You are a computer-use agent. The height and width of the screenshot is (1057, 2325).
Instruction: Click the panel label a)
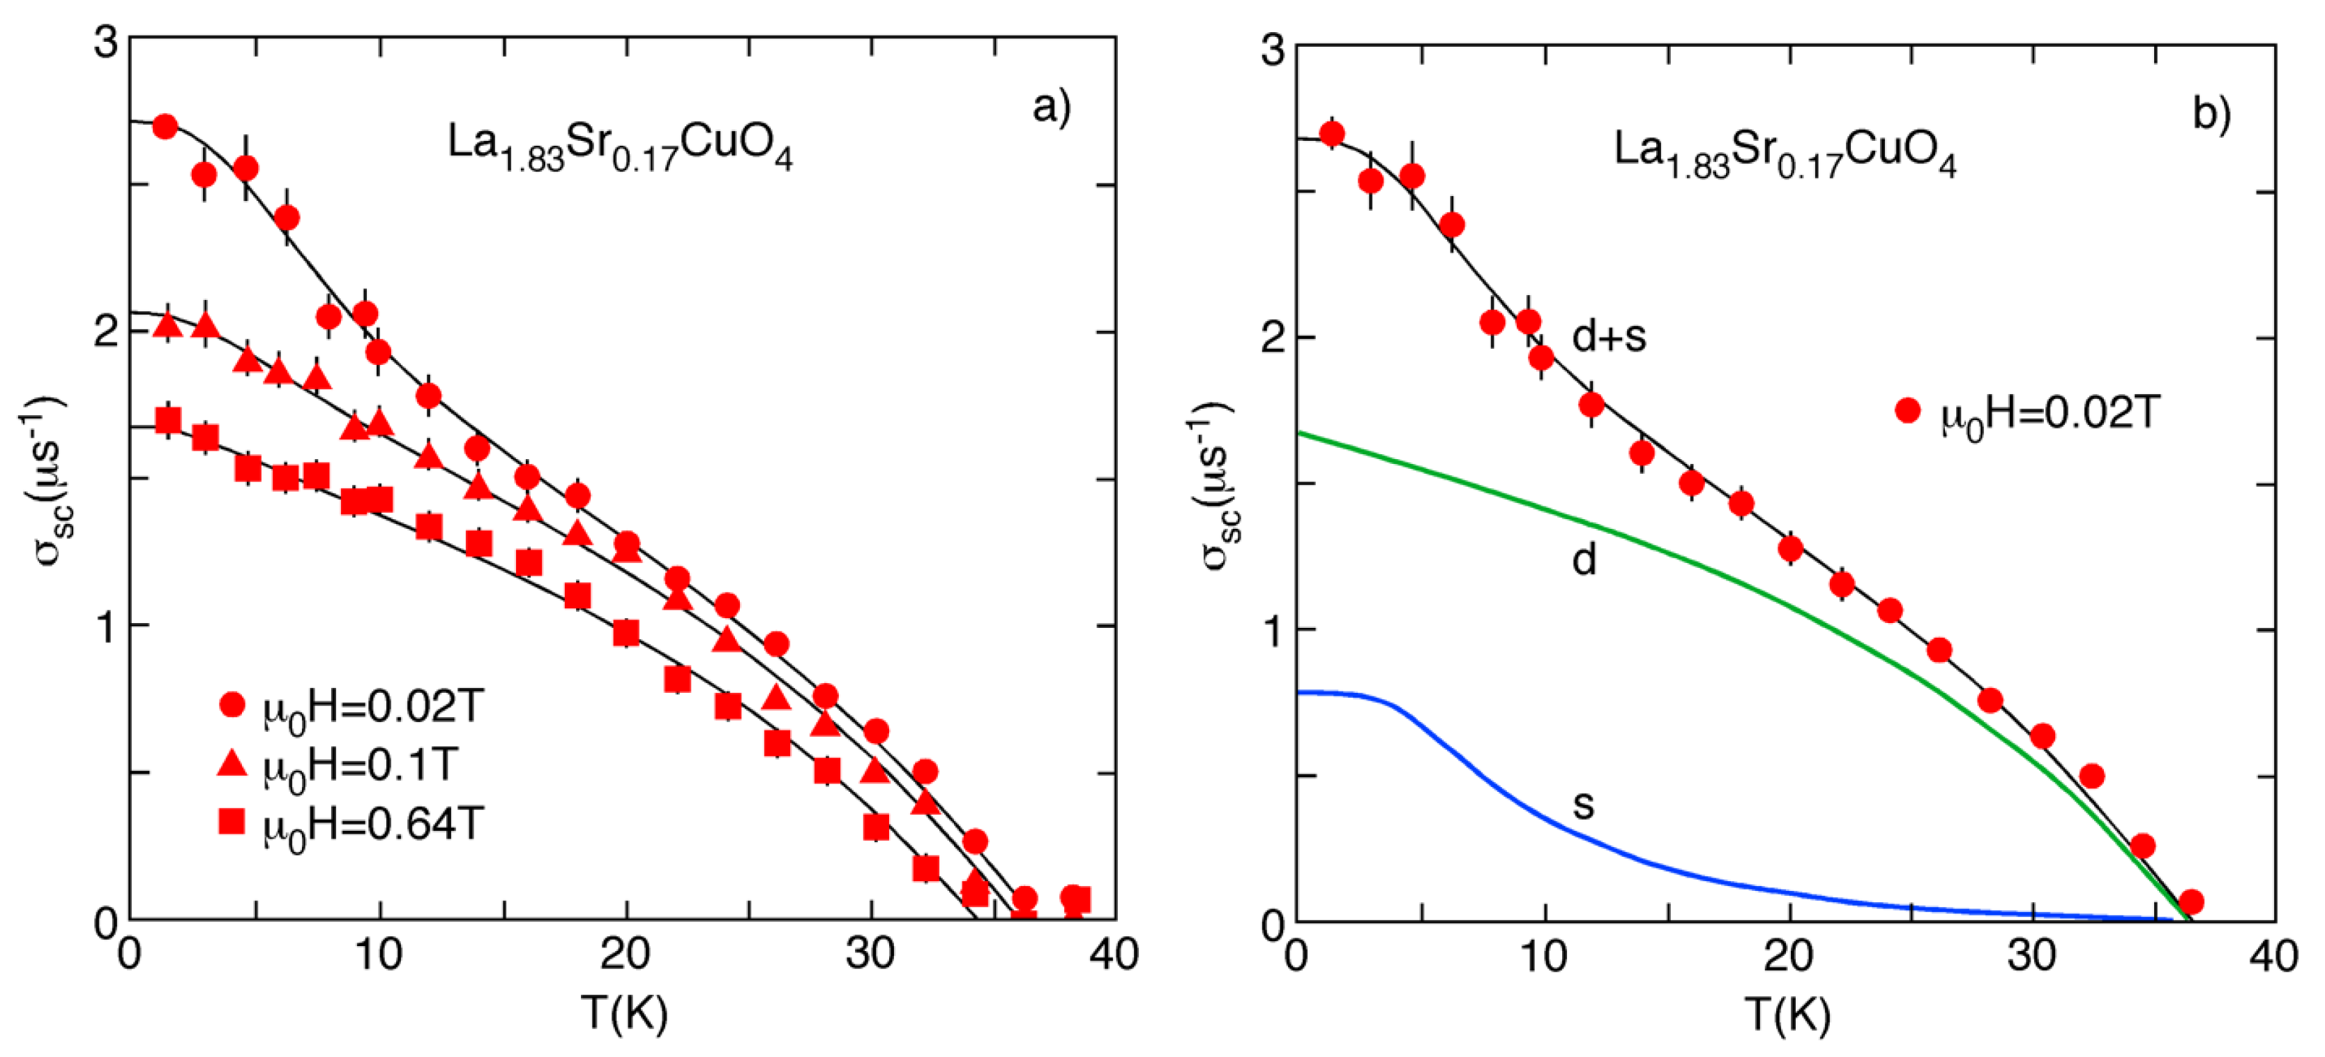click(x=1052, y=107)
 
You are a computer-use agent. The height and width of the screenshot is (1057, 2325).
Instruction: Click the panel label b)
click(x=2211, y=114)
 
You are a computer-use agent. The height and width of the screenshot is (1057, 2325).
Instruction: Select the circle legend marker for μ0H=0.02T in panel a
click(x=233, y=705)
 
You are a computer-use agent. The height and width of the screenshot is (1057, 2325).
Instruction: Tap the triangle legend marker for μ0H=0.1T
click(x=233, y=764)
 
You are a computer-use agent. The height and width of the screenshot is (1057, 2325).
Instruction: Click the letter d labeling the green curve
click(x=1584, y=560)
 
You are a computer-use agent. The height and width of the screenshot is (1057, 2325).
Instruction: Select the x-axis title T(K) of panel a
click(x=625, y=1013)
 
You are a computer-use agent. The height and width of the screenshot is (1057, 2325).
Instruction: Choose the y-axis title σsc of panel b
click(x=1218, y=488)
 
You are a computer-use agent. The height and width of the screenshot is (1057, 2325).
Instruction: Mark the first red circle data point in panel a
click(x=165, y=126)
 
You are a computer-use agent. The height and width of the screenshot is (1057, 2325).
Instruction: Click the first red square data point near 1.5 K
click(x=168, y=421)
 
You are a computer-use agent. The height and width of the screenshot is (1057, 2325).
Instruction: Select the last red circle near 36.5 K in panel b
click(x=2190, y=901)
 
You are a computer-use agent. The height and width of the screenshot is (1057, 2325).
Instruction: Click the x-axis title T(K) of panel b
click(x=1788, y=1014)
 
